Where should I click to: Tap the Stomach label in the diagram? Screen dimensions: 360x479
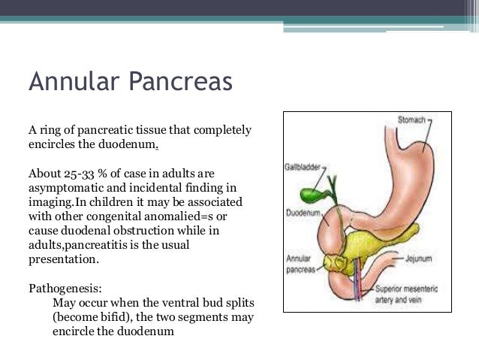[x=411, y=119]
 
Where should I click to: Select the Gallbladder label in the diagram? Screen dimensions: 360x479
[x=303, y=167]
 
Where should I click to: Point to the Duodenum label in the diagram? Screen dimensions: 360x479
[x=303, y=213]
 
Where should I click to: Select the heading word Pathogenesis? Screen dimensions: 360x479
[x=63, y=288]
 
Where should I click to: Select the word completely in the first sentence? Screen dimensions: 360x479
[x=217, y=130]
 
